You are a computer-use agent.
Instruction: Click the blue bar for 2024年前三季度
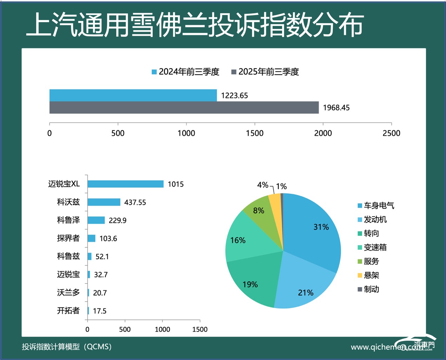coord(133,95)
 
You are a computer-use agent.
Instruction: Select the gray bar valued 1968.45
coord(184,108)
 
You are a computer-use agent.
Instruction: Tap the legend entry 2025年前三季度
coord(265,72)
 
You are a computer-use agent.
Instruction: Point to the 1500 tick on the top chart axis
coord(255,133)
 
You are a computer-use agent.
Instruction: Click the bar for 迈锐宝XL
coord(125,184)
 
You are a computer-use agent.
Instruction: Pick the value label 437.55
coord(135,202)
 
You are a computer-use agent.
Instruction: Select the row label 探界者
coord(68,238)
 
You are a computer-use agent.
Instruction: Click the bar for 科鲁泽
coord(96,220)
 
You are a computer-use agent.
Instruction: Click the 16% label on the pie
coord(238,240)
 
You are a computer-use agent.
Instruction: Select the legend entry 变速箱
coord(375,247)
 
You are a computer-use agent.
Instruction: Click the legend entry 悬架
coord(371,275)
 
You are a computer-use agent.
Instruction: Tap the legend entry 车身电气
coord(379,206)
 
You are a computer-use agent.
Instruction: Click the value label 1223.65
coord(234,95)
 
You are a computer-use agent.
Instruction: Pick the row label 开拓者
coord(68,311)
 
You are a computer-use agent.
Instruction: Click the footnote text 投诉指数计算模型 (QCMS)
coord(67,347)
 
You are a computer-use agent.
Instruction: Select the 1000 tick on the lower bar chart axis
coord(162,329)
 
